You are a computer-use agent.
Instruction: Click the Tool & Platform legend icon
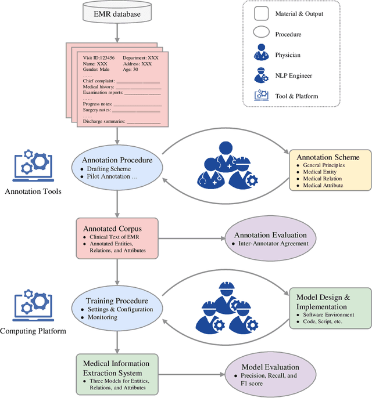pos(261,95)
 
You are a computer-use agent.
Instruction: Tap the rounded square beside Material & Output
pos(261,13)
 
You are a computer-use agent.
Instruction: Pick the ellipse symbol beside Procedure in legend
pos(261,34)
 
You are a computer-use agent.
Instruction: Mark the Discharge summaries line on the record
pos(121,121)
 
